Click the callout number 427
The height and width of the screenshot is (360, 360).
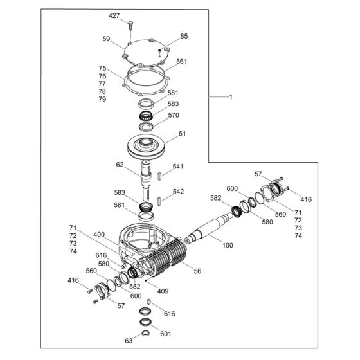(114, 15)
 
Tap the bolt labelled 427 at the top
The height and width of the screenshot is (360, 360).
(130, 26)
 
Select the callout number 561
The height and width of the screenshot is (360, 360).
(181, 62)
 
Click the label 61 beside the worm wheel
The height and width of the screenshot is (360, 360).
(182, 134)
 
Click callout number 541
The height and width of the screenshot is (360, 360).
(178, 166)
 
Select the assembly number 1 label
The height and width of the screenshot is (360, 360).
(231, 96)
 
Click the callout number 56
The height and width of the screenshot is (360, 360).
(197, 271)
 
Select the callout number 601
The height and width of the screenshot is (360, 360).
(166, 334)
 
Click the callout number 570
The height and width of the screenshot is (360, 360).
(174, 116)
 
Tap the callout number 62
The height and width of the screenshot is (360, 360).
(120, 165)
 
